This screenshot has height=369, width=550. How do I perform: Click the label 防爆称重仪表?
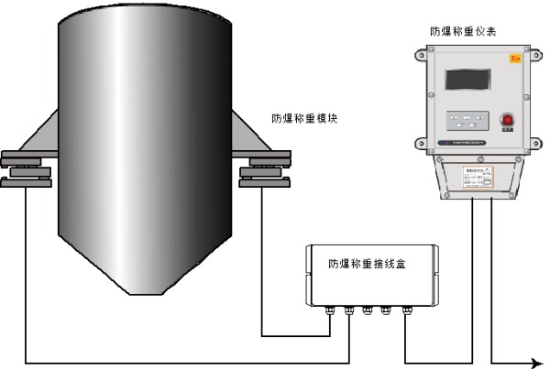(464, 30)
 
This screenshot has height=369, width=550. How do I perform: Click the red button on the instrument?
(505, 120)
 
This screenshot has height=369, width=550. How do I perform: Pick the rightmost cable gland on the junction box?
(406, 311)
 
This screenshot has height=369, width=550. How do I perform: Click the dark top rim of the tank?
(138, 13)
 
